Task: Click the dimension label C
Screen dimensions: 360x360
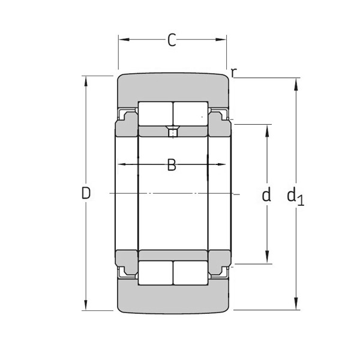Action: tap(172, 41)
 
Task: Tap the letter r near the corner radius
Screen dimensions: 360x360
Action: tap(234, 73)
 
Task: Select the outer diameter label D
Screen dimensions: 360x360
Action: tap(86, 193)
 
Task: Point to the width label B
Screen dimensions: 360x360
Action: tap(172, 165)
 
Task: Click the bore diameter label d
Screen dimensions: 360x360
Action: tap(266, 194)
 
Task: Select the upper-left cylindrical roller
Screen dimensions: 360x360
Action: tap(155, 113)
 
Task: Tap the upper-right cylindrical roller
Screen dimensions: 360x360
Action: tap(190, 113)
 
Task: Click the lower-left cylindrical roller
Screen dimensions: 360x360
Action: tap(155, 273)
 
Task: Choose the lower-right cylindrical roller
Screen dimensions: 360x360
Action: tap(190, 273)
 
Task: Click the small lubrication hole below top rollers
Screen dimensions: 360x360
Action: tap(173, 132)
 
